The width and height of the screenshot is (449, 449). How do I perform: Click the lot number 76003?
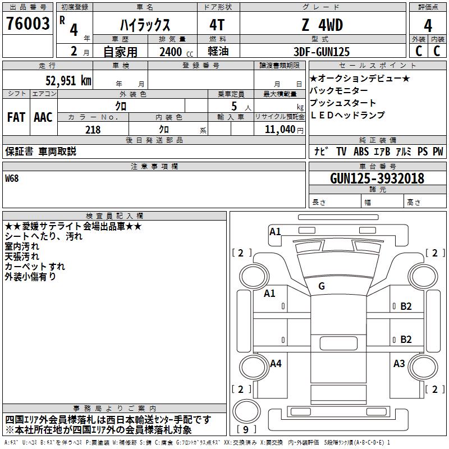tap(28, 25)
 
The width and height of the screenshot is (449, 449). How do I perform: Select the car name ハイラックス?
tap(145, 25)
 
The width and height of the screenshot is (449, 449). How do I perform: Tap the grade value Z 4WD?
tap(322, 25)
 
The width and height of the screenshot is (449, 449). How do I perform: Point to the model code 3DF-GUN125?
tap(322, 52)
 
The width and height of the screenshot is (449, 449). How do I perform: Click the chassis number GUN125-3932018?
tap(377, 178)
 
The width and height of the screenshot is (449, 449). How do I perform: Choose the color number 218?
tap(93, 130)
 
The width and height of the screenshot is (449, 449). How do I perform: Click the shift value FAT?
tap(16, 117)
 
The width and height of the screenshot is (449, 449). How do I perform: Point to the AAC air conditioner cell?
tap(43, 117)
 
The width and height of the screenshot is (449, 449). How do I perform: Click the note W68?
tap(12, 178)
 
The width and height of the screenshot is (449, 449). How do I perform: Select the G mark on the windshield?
tap(322, 286)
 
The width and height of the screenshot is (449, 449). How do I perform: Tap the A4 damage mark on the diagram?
tap(275, 364)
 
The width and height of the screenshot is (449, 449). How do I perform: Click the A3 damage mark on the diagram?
tap(399, 364)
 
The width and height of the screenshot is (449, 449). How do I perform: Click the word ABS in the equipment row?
tap(361, 152)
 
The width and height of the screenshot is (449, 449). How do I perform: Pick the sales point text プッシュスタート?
tap(343, 103)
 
